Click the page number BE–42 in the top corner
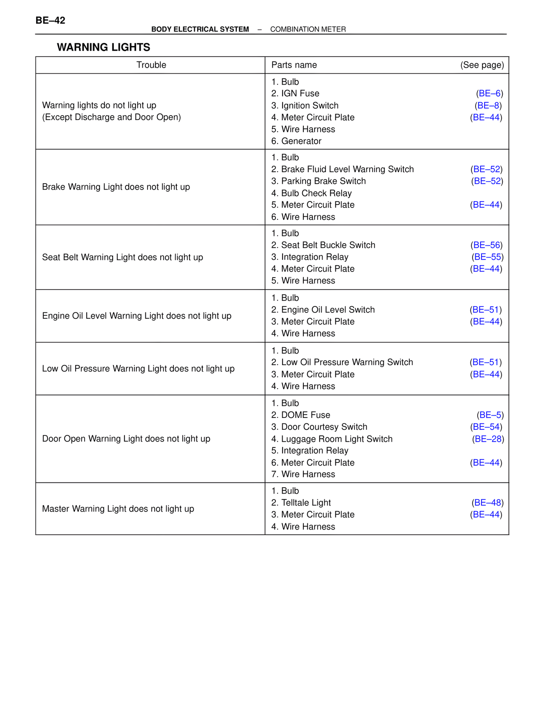coord(50,20)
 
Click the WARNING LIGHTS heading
coord(103,47)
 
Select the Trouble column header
coord(151,65)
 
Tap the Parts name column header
coord(294,65)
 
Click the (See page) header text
coord(482,65)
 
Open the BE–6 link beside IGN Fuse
coord(490,94)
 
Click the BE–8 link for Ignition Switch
coord(488,105)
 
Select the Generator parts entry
coord(301,141)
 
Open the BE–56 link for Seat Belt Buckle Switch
coord(487,245)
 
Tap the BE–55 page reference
coord(487,257)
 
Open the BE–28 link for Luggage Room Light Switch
coord(488,439)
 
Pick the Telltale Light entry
coord(306,502)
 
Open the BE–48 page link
coord(487,502)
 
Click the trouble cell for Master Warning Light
coord(118,509)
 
